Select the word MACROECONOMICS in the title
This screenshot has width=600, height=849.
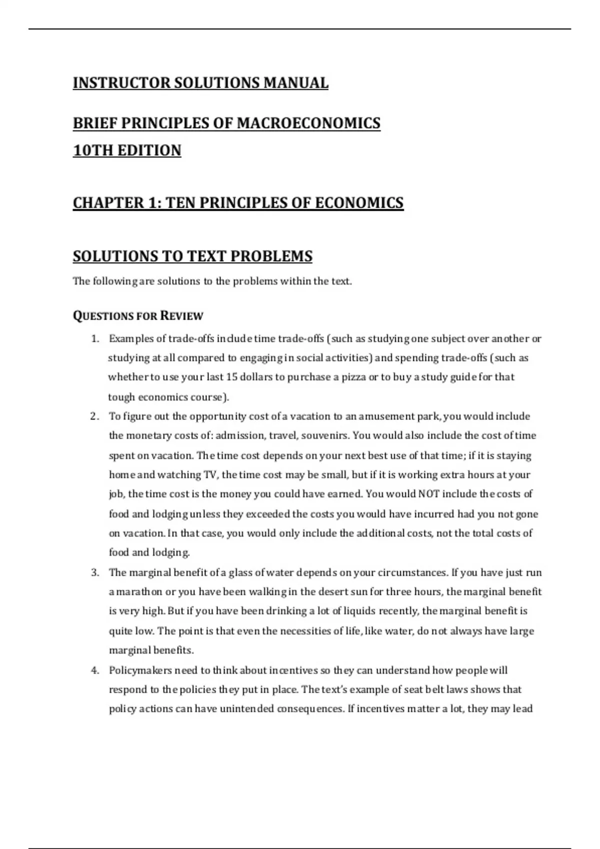click(x=308, y=123)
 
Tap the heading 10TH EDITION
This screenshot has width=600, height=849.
click(x=127, y=150)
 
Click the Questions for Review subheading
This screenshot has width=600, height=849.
click(x=138, y=316)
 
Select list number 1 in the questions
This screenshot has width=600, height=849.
click(x=94, y=339)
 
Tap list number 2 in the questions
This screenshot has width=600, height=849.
click(x=94, y=417)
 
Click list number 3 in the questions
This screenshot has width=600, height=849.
click(x=94, y=572)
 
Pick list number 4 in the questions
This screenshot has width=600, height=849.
click(x=94, y=670)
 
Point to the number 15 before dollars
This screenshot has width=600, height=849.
click(x=231, y=377)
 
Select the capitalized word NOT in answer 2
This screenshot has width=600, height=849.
click(x=429, y=494)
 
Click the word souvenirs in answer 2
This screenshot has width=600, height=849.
click(x=325, y=435)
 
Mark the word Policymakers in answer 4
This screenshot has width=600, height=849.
click(x=140, y=670)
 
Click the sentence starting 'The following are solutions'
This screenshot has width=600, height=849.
click(x=212, y=281)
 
